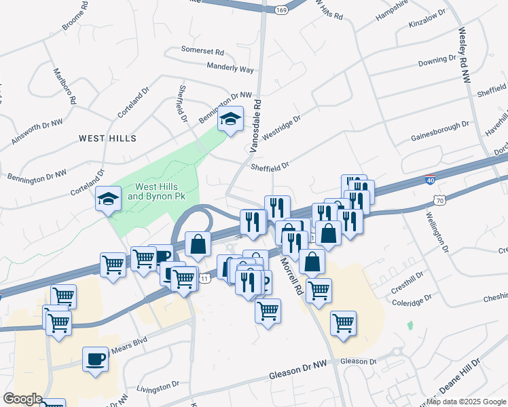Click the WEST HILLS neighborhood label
point(107,138)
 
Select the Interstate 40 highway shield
point(430,180)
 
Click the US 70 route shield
point(440,200)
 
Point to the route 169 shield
point(280,10)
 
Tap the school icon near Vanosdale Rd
point(231,120)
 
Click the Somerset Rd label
point(202,50)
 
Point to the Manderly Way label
point(230,68)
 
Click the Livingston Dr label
point(158,387)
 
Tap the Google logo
point(22,399)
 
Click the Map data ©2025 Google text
point(466,402)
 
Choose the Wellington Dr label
point(437,232)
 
